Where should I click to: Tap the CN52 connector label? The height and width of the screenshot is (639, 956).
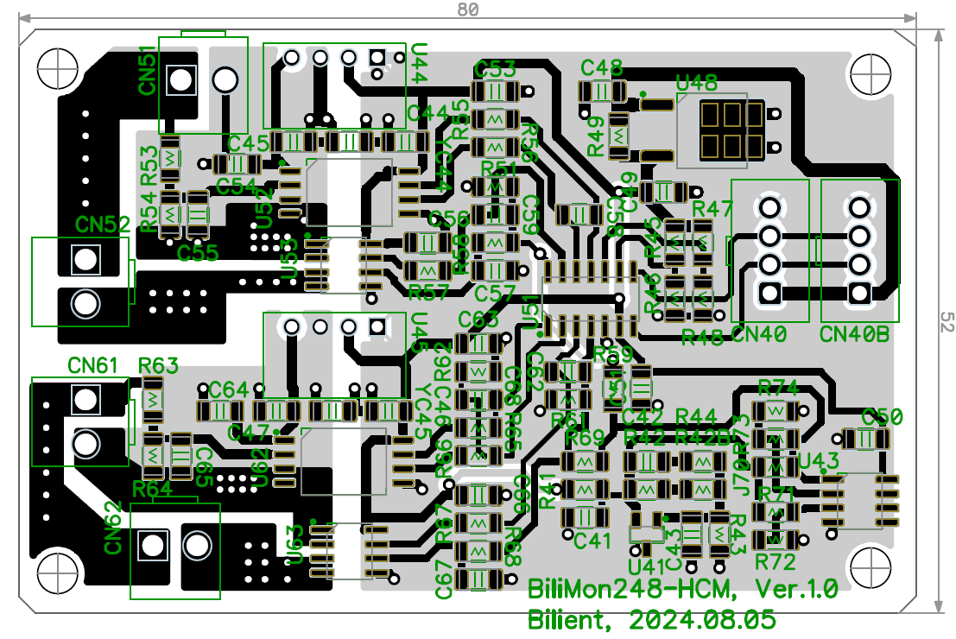click(x=103, y=225)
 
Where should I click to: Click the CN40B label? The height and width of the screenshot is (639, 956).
click(x=854, y=334)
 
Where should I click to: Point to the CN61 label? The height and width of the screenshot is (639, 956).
click(x=92, y=366)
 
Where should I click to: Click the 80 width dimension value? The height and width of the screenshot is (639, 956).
click(x=467, y=9)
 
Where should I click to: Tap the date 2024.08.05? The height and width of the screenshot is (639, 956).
click(x=701, y=619)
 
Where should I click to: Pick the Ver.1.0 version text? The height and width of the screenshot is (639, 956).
click(x=796, y=590)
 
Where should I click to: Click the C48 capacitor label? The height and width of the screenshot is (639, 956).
click(x=602, y=67)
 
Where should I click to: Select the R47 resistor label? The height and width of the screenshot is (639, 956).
click(x=712, y=208)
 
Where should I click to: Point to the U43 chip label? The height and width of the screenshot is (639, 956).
click(x=818, y=459)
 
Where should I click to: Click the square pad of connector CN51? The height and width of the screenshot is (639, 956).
click(x=180, y=80)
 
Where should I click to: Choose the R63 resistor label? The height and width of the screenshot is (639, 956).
click(x=159, y=364)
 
